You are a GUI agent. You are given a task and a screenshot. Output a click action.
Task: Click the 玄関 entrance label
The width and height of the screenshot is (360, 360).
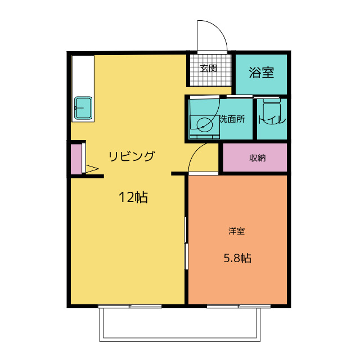(209, 68)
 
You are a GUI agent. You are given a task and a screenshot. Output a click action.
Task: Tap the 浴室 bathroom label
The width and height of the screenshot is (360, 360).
(261, 73)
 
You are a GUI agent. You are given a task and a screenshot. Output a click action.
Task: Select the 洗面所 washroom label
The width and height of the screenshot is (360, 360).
(232, 119)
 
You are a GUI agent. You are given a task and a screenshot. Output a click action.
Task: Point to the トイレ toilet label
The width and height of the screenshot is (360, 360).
(272, 120)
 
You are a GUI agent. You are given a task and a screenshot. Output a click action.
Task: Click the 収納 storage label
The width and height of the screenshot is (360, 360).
(257, 158)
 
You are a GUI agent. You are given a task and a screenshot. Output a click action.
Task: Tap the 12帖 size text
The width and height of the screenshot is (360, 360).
(133, 197)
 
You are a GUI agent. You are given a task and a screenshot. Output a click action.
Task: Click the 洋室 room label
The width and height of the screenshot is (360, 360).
(236, 231)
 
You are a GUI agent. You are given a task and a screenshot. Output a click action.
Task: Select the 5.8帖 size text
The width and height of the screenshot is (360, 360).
(237, 259)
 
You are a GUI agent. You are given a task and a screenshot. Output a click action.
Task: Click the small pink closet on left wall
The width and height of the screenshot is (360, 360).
(76, 159)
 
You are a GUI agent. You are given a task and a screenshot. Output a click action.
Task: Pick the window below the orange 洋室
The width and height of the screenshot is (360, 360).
(239, 306)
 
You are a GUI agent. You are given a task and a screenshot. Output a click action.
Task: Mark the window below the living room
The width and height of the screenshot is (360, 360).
(130, 306)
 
